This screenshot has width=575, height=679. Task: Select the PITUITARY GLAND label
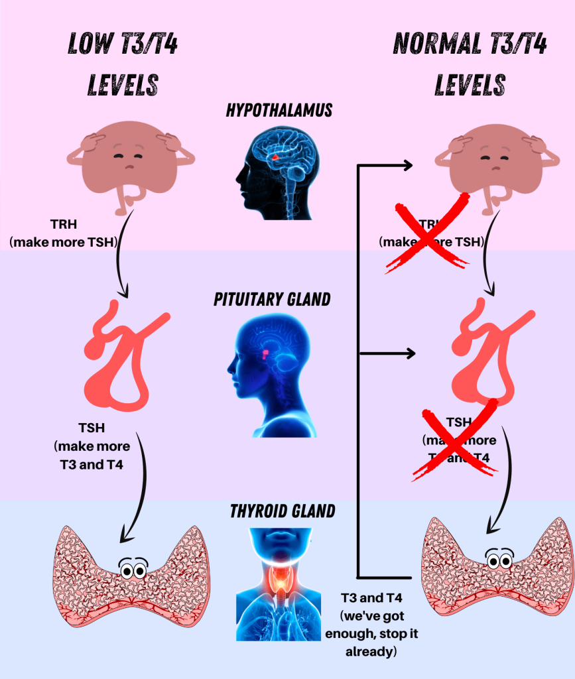click(x=272, y=299)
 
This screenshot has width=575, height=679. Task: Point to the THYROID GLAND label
click(x=283, y=511)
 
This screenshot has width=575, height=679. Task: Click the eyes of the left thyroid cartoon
click(x=133, y=568)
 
